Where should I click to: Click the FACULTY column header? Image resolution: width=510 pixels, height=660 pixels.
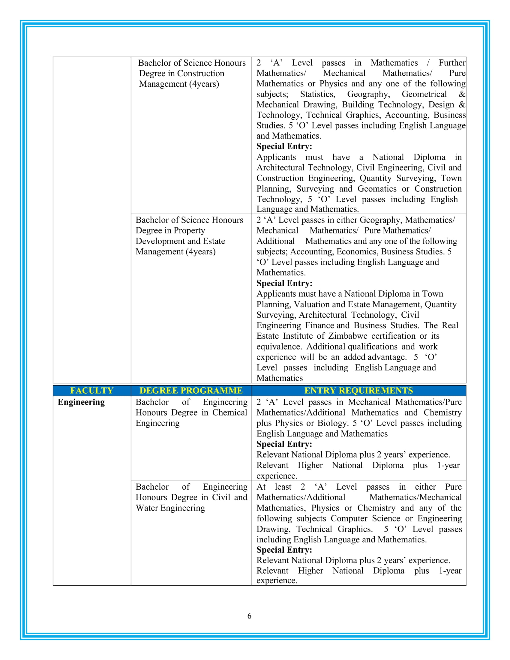pos(91,390)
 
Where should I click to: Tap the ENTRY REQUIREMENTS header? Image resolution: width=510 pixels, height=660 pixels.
pos(358,390)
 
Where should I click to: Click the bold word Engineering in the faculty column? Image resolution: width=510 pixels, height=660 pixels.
pos(81,402)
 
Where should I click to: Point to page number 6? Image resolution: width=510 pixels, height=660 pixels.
pos(249,616)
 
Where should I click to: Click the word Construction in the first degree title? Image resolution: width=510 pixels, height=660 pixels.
pos(201,73)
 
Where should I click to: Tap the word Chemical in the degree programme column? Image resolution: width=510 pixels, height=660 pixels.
pos(229,412)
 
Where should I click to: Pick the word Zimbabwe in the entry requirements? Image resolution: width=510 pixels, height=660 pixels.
pos(347,336)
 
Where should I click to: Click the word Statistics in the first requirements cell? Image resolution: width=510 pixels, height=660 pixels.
pos(317,94)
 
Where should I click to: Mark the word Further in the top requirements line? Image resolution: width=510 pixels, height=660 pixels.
pos(452,63)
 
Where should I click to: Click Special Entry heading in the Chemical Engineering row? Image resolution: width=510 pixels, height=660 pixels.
pos(284,444)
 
